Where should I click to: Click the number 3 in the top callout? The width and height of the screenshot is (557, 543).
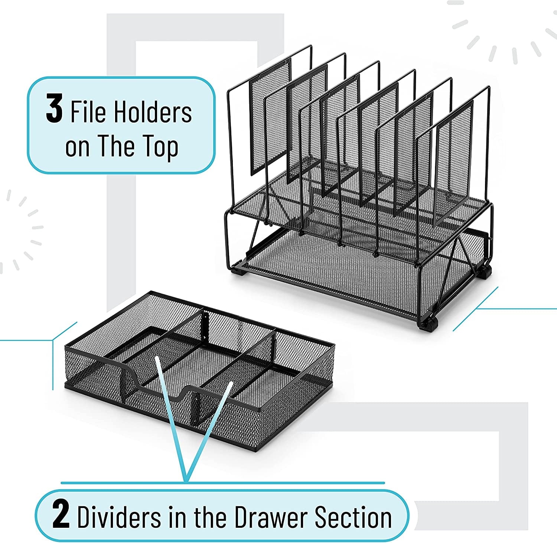click(x=54, y=108)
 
